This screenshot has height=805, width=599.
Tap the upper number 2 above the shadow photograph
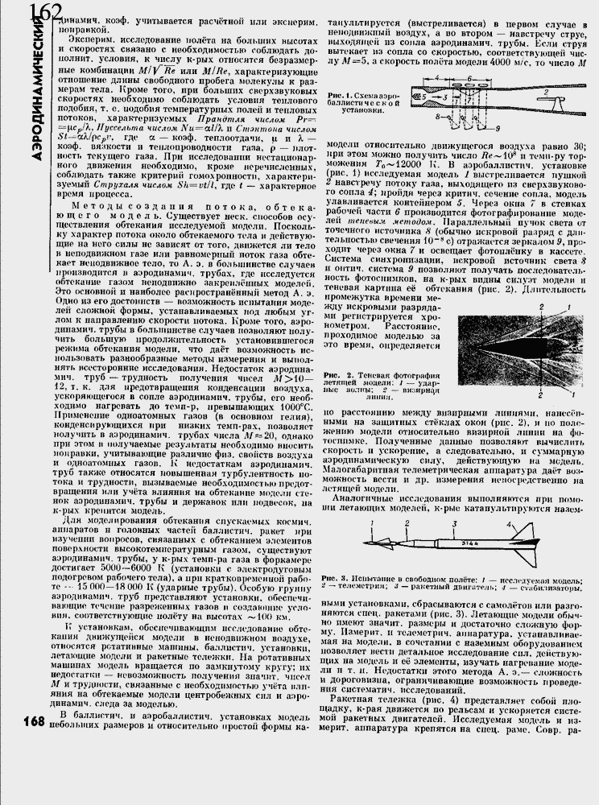click(541, 307)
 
